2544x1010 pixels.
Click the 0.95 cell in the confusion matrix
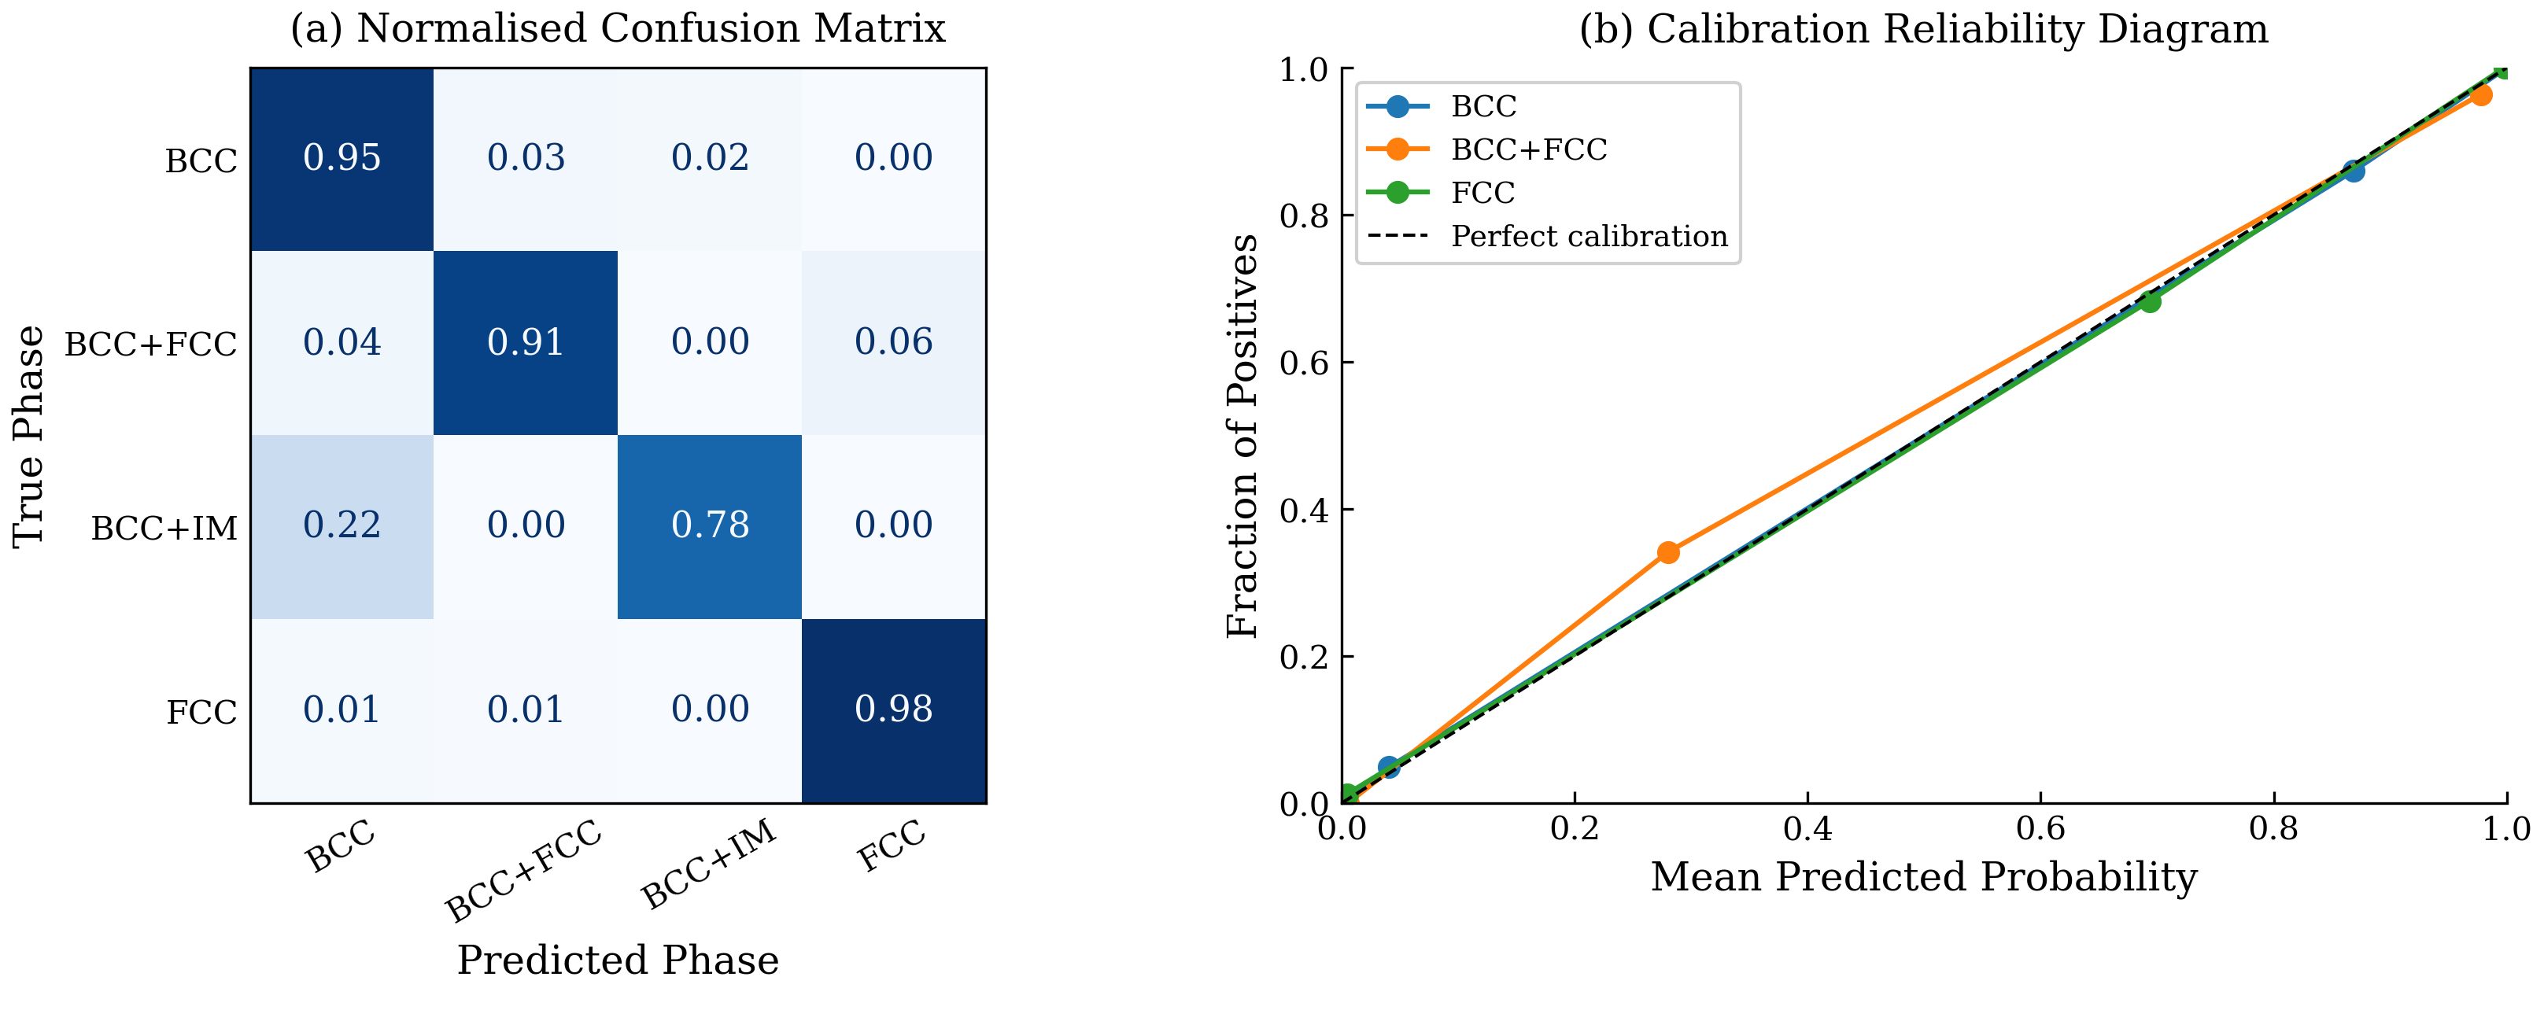pos(342,158)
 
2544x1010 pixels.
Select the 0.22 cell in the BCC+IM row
pos(342,525)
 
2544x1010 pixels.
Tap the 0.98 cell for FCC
pos(893,710)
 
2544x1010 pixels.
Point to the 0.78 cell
pos(709,525)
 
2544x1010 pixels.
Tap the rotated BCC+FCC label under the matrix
pos(523,871)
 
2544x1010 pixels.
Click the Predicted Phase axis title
pos(617,960)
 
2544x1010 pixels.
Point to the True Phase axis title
pos(28,436)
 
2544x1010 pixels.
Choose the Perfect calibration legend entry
pos(1588,237)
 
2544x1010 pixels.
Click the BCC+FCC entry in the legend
pos(1529,150)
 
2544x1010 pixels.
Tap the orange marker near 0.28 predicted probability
pos(1668,552)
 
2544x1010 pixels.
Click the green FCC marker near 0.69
pos(2149,301)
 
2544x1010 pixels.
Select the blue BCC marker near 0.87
pos(2354,171)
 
